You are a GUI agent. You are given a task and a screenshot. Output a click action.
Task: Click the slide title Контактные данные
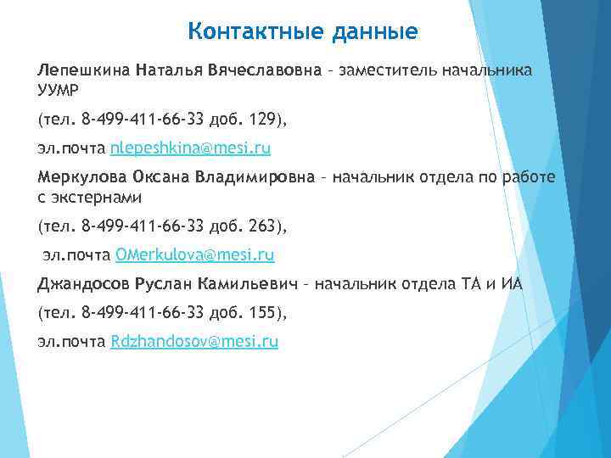click(302, 32)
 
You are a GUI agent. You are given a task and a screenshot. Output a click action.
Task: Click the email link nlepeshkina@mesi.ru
click(191, 148)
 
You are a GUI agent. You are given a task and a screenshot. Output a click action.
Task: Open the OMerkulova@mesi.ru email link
click(194, 254)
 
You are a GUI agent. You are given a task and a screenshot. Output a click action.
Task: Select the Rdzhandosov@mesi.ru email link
click(194, 342)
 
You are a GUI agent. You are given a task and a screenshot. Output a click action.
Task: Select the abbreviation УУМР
click(58, 87)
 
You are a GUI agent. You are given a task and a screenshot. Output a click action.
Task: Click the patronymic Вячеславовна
click(263, 70)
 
